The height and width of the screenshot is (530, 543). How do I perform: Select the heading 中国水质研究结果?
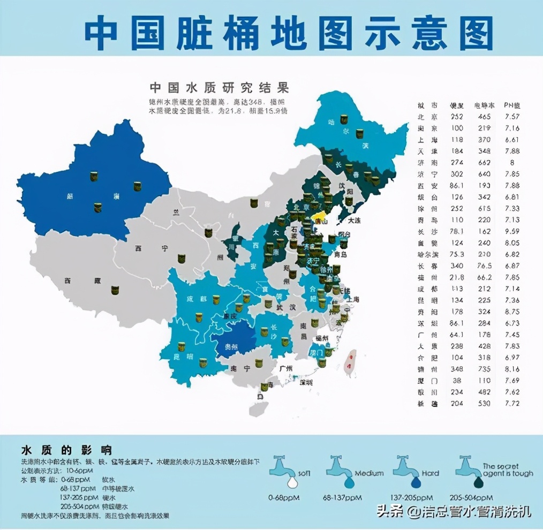pos(219,87)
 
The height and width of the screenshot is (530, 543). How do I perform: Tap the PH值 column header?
pos(512,105)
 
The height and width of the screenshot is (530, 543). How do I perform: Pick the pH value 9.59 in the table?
pos(512,232)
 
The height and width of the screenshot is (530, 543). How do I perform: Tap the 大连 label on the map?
pos(355,220)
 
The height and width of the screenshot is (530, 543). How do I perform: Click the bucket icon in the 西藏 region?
pos(115,290)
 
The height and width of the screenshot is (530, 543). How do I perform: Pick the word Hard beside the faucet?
pos(431,473)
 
